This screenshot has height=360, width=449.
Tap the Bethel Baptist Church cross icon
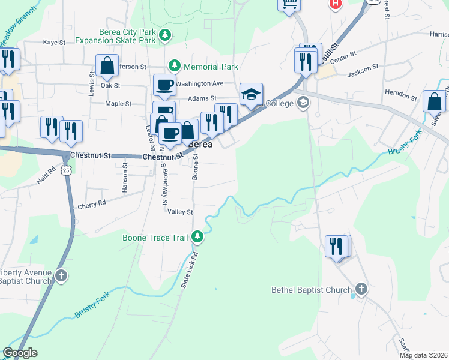361,290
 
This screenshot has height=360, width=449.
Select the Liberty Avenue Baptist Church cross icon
61,276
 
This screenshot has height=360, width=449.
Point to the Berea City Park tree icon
165,36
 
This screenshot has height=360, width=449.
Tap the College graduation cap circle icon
302,103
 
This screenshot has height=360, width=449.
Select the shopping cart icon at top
289,4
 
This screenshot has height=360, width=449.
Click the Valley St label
180,212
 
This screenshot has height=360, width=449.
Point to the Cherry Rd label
91,204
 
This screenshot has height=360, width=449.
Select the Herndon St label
400,96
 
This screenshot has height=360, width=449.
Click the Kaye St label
54,43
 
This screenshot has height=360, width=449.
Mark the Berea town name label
200,145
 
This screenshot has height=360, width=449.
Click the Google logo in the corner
20,353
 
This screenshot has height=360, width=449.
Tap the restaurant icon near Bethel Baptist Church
336,246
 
